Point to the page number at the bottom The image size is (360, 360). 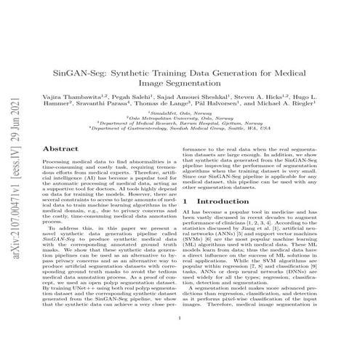[179, 337]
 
